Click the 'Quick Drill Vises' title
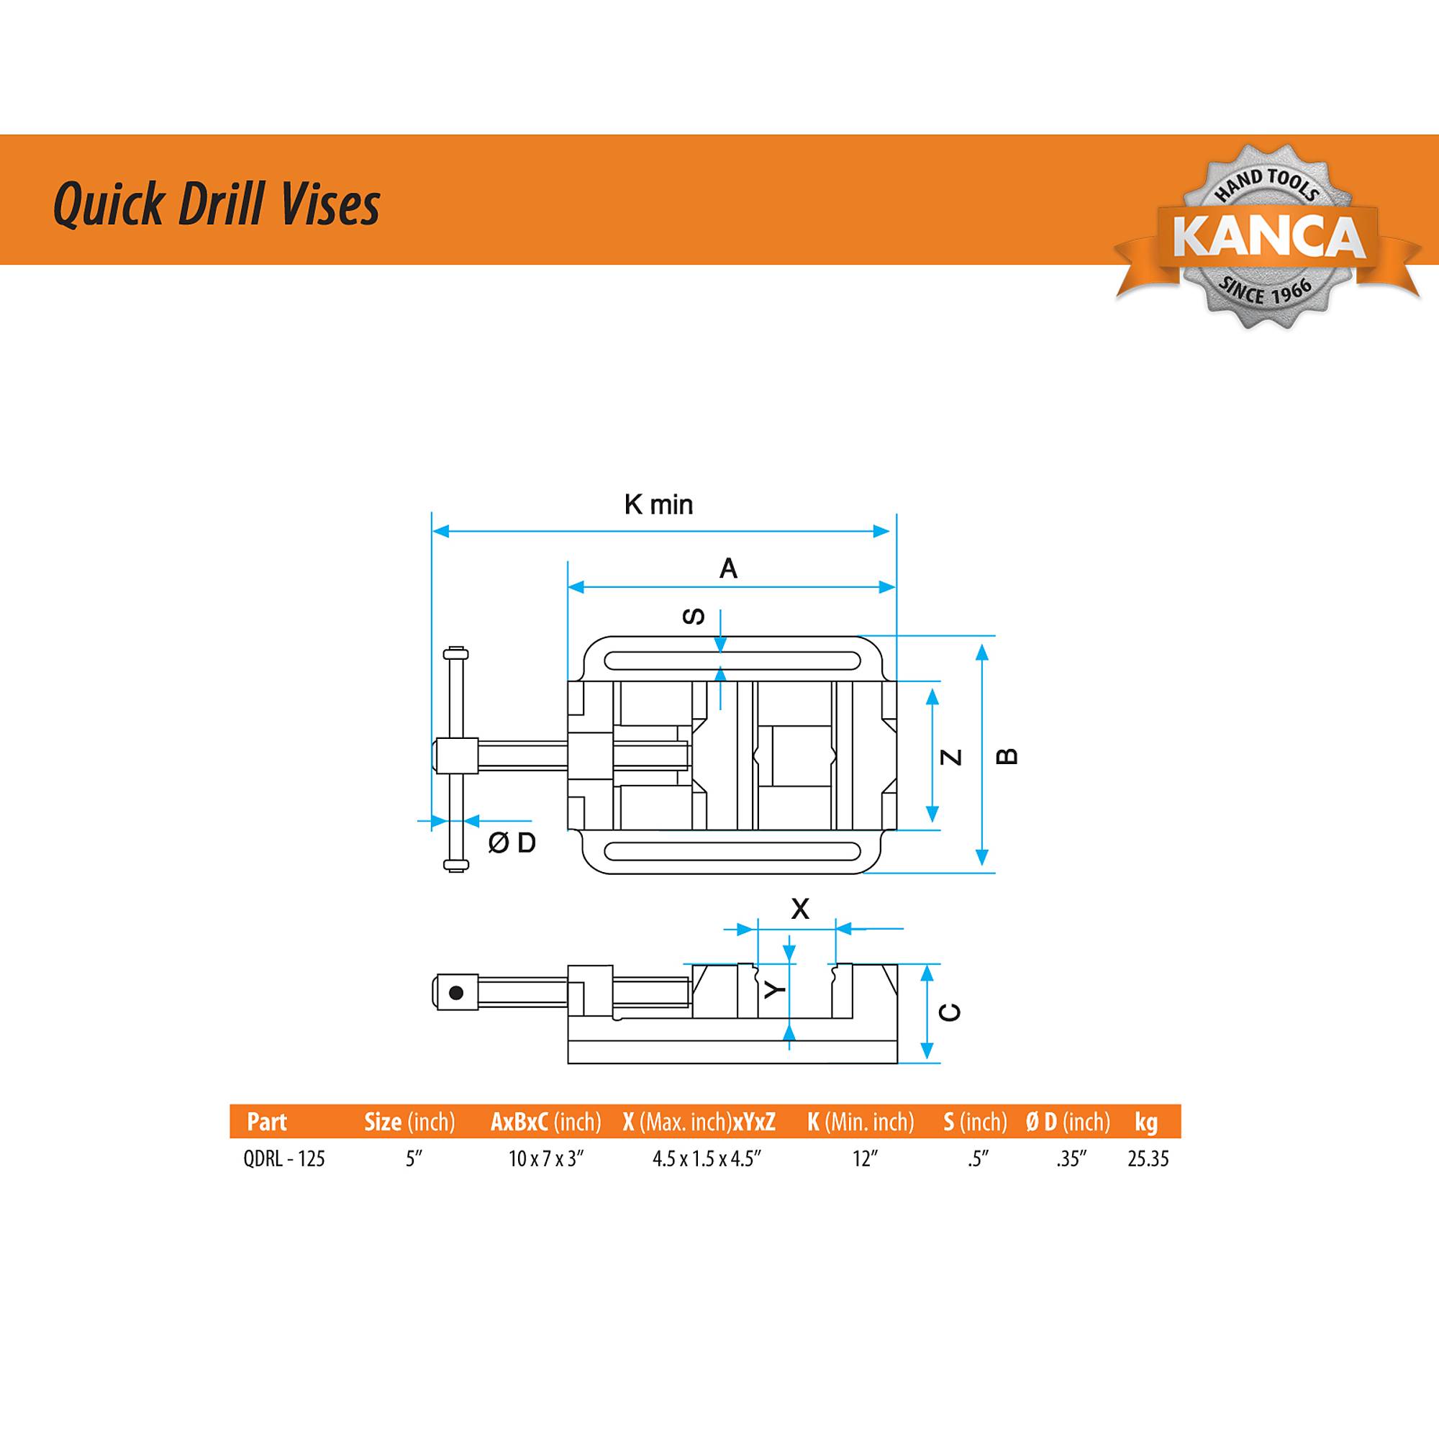217,203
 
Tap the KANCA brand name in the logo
1268,236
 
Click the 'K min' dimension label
658,504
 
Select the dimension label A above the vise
728,568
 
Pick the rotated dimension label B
1007,757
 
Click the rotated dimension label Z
951,758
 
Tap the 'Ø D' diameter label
512,843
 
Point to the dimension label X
800,909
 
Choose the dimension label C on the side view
950,1012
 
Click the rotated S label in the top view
694,616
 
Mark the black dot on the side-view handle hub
457,993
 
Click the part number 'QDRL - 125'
284,1159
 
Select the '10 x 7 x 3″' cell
546,1159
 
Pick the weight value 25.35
1148,1159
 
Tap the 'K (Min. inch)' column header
861,1122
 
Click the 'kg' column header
1145,1122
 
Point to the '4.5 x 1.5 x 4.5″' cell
707,1159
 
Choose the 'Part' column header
267,1122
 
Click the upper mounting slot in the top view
732,651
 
